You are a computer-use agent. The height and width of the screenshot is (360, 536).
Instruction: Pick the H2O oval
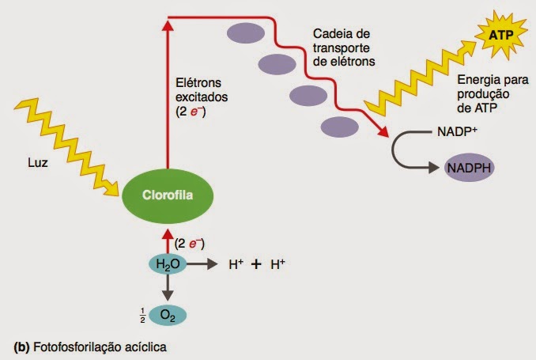(x=167, y=263)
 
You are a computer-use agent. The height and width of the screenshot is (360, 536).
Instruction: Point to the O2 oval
(x=167, y=315)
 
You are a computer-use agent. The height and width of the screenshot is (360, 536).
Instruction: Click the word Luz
(x=37, y=166)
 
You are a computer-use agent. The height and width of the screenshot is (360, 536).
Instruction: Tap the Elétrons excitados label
(x=202, y=97)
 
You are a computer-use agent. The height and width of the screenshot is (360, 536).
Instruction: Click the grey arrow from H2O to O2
(x=167, y=289)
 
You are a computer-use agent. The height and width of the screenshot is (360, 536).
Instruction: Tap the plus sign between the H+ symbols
(x=256, y=265)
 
